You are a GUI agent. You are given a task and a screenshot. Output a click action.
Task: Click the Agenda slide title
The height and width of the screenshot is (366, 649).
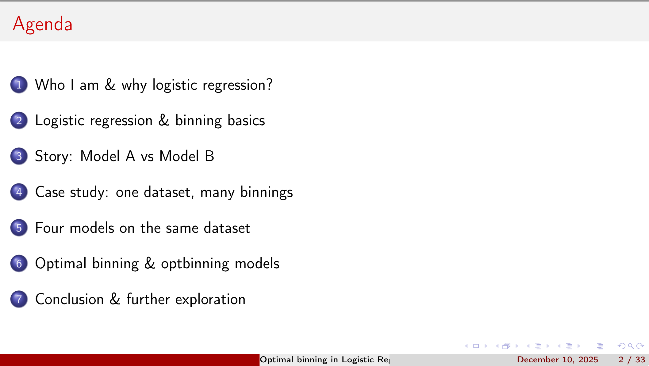43,24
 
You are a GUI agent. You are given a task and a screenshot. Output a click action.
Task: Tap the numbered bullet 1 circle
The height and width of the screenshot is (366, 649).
19,85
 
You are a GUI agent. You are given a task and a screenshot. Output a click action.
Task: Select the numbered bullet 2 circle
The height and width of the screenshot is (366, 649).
19,120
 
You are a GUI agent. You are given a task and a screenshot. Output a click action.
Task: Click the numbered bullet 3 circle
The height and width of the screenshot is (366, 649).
19,156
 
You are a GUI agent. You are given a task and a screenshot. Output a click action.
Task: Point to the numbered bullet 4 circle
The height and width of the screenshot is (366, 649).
19,192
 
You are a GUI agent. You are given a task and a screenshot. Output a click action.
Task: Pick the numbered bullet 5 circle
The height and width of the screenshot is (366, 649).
19,228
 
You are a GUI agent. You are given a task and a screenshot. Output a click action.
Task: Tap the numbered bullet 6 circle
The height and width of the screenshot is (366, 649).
19,263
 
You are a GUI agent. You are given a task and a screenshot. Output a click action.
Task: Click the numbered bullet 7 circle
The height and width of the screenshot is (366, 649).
19,299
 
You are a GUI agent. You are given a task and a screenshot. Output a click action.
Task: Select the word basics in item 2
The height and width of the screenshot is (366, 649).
246,120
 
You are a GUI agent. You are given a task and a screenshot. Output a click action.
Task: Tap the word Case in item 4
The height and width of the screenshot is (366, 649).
50,192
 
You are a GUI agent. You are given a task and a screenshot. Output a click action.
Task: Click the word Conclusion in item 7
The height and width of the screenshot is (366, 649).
70,299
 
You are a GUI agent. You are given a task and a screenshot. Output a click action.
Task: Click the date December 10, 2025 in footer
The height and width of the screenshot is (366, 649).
557,360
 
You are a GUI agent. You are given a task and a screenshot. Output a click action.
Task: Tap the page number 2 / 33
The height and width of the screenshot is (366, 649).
632,360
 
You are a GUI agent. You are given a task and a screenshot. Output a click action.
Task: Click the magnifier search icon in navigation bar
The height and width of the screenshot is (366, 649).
631,346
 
